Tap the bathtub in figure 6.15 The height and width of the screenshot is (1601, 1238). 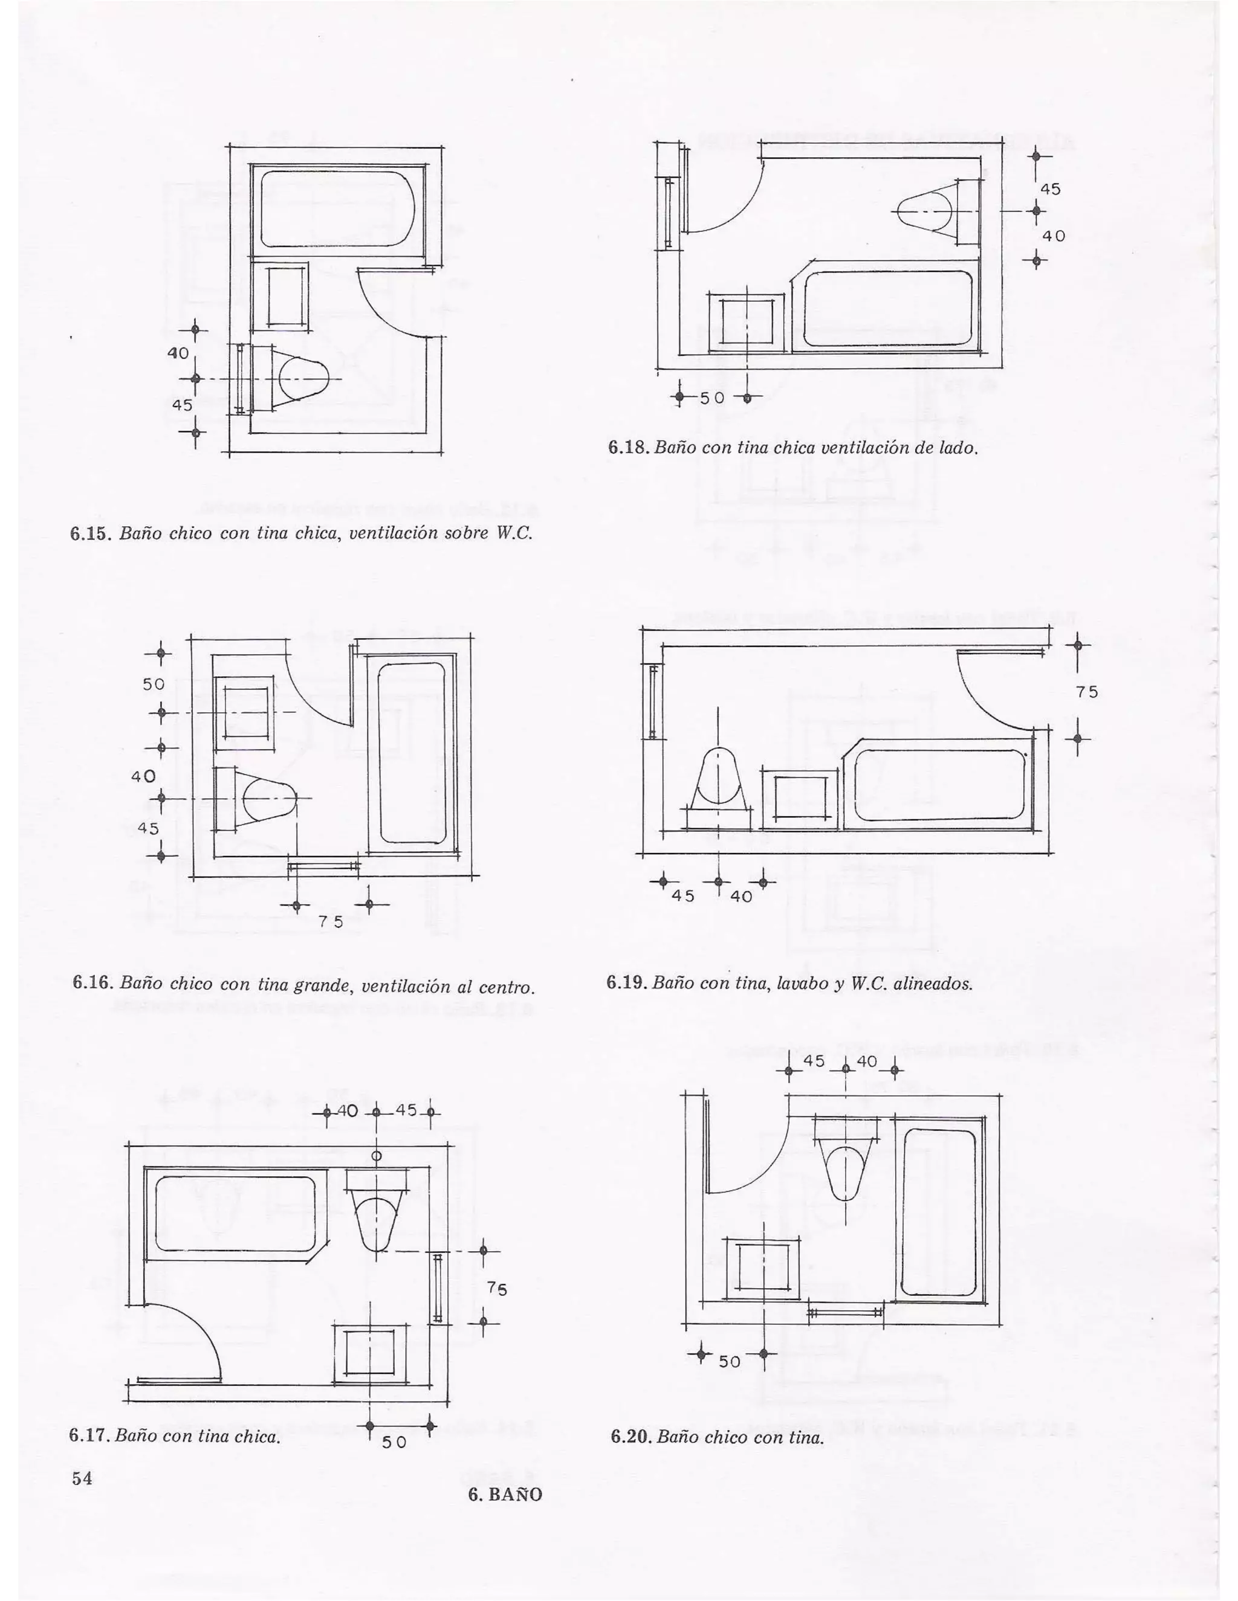coord(339,209)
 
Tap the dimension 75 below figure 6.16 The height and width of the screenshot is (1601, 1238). coord(332,922)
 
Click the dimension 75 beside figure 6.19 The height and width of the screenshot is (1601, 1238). coord(1087,692)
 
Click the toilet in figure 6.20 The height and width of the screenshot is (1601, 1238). coord(846,1165)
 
